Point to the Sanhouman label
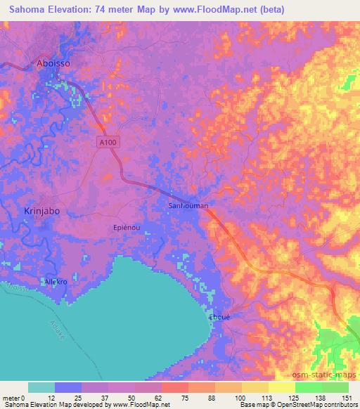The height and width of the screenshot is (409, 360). click(188, 206)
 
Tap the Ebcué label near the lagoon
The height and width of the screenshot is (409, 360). click(220, 316)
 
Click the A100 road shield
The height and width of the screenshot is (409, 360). click(105, 142)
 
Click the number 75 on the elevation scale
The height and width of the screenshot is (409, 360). click(185, 398)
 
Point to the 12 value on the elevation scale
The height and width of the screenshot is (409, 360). click(51, 398)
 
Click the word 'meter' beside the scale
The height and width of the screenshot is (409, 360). click(12, 398)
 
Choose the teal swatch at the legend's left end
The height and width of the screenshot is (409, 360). click(41, 387)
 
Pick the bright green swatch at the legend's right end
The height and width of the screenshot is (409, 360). click(335, 387)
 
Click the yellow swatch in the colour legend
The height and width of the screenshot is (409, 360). click(282, 387)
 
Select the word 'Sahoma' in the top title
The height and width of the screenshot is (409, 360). click(27, 9)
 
